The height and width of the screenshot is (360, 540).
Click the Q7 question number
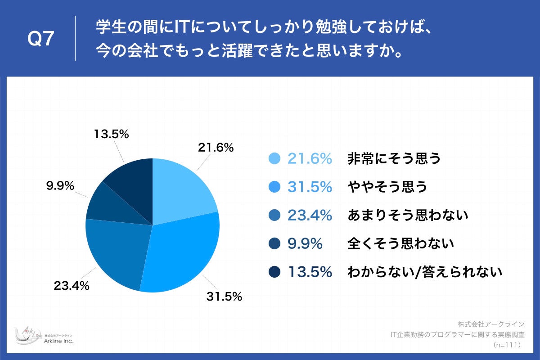tap(41, 40)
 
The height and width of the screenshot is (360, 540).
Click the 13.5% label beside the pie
tap(112, 134)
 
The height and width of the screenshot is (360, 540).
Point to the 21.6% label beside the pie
tap(216, 147)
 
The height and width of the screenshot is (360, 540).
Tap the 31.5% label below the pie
tap(225, 297)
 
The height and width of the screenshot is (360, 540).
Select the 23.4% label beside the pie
tap(72, 285)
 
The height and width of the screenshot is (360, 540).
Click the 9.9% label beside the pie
tap(60, 185)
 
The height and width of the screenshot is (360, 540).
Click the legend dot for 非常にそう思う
tap(274, 158)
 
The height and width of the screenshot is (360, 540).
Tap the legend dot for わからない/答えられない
tap(274, 272)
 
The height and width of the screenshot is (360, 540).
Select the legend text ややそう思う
tap(387, 187)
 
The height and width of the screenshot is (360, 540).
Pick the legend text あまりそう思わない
tap(408, 215)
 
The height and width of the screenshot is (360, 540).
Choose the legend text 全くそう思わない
tap(400, 243)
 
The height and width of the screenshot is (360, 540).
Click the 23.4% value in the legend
tap(310, 215)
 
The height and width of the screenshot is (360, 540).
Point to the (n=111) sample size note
tap(507, 345)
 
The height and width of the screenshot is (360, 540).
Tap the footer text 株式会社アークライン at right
tap(490, 324)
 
